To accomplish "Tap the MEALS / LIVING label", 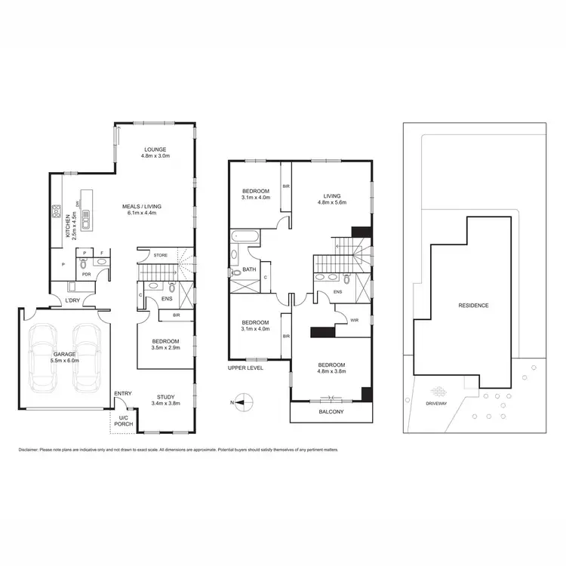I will click(143, 206).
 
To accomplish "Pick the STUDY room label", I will click(165, 397).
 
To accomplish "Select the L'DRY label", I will click(72, 300).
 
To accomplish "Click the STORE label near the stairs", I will click(160, 255).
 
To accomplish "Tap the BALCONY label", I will click(331, 412).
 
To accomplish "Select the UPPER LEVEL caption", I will click(245, 368).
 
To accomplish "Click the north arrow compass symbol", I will click(241, 403).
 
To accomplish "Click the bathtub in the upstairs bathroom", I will click(245, 236).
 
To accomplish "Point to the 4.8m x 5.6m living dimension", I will click(331, 201).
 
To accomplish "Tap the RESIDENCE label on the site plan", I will click(473, 306).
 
